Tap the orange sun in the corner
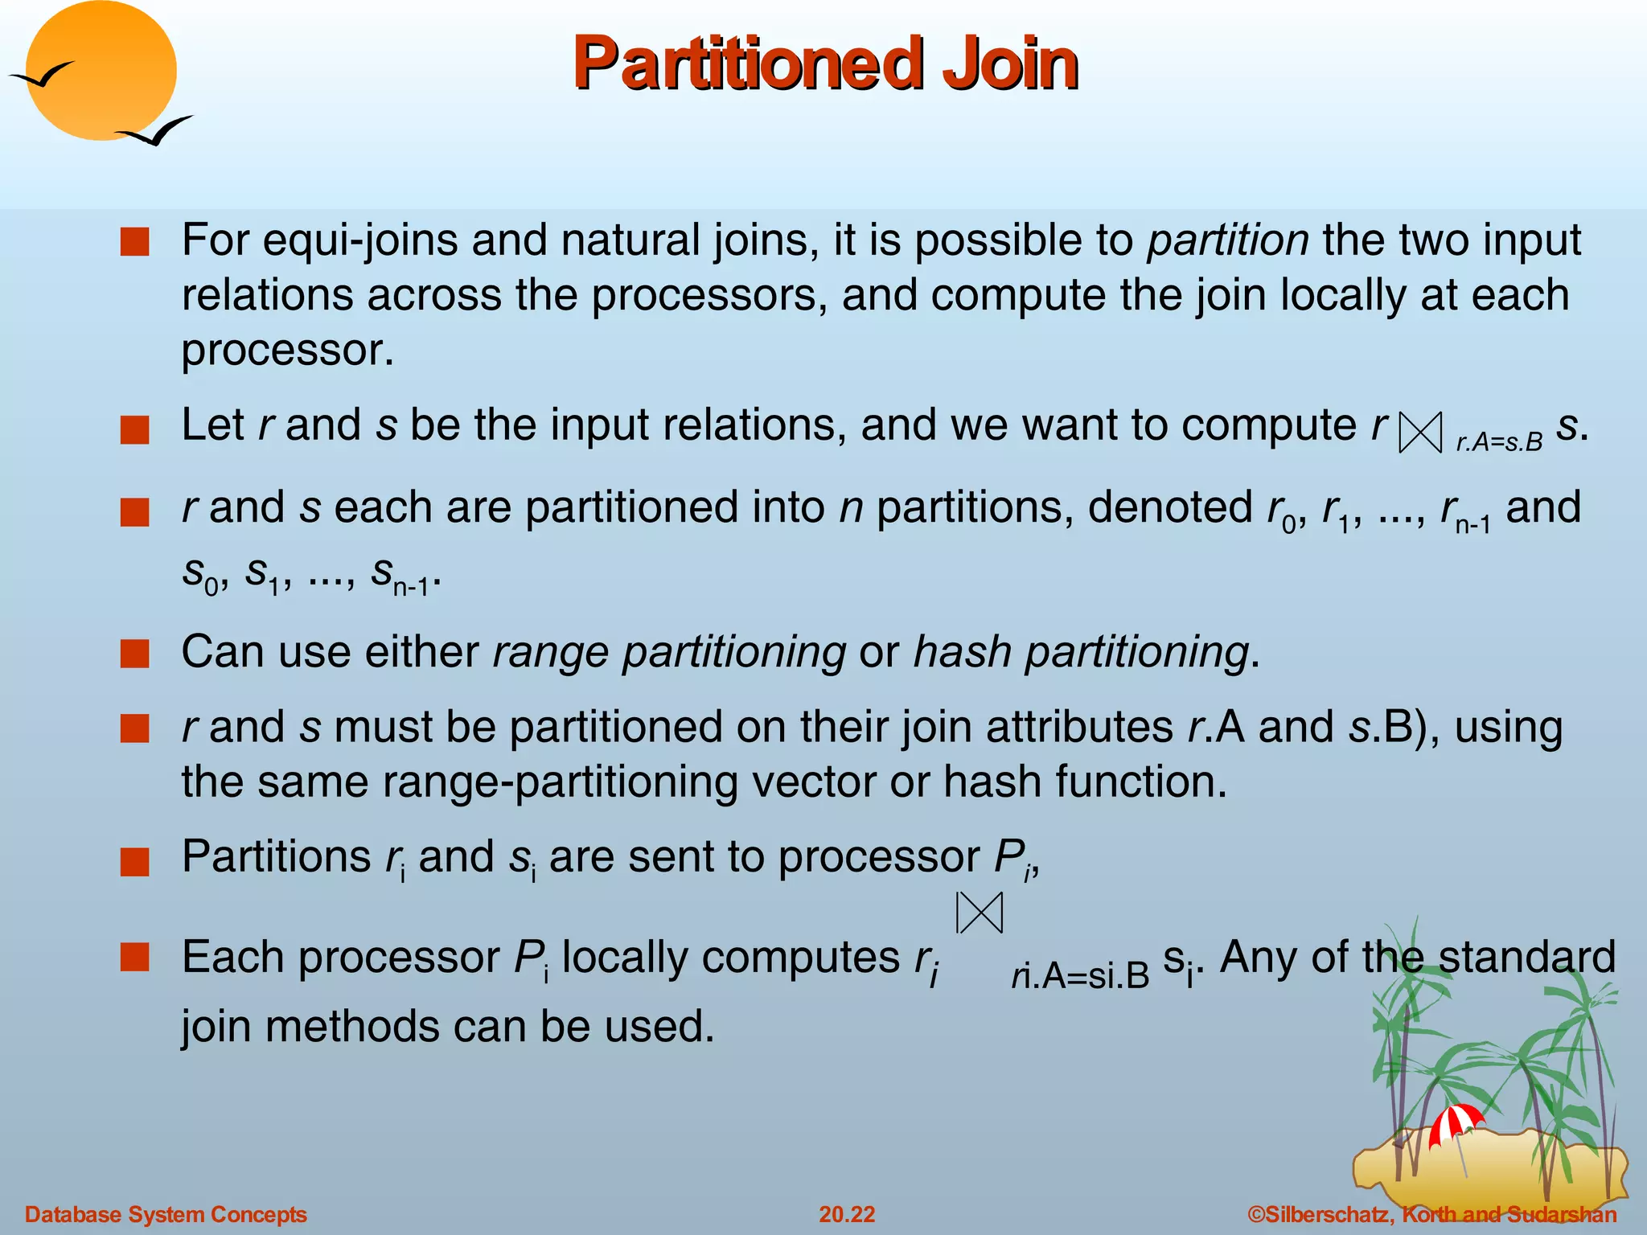[102, 71]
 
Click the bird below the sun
[156, 131]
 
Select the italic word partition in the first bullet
[1227, 240]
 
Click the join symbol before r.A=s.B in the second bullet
[1420, 433]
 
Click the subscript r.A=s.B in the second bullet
[1499, 442]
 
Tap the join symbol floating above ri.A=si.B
[980, 913]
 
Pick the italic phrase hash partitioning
[1081, 651]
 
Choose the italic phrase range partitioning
[669, 651]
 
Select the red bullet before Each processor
[135, 958]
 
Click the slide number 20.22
[847, 1214]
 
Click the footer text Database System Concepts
[166, 1214]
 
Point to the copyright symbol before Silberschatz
[1256, 1214]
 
